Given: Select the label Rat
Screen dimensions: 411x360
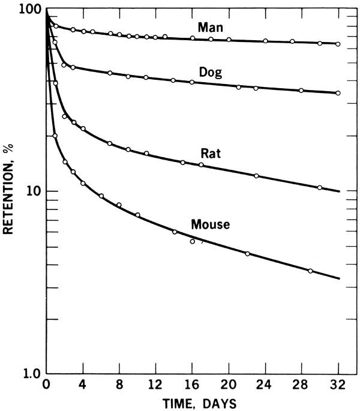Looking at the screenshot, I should coord(211,153).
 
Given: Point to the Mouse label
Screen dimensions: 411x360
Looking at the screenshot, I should coord(211,225).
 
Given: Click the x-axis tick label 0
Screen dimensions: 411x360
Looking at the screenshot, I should coord(46,386).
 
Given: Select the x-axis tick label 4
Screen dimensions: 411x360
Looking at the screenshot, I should coord(83,386).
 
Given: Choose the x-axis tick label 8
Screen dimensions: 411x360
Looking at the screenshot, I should coord(119,386).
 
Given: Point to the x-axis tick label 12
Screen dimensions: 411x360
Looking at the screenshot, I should coord(155,386).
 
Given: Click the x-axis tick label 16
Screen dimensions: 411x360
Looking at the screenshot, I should coord(192,386).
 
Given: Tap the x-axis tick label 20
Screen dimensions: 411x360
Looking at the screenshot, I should coord(229,386).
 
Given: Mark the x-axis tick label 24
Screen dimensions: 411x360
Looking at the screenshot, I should coord(266,386).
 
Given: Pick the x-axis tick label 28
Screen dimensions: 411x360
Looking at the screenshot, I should coord(302,386).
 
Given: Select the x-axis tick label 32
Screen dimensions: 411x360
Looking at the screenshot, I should coord(339,386).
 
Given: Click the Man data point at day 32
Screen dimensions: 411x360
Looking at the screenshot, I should coord(338,44).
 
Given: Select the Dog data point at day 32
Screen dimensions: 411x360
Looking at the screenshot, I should coord(338,93).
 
